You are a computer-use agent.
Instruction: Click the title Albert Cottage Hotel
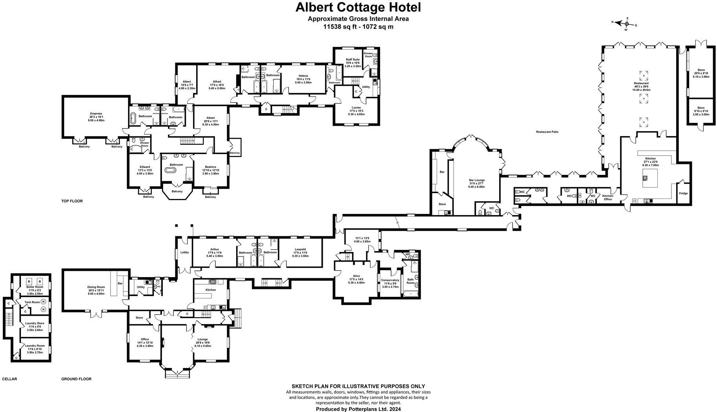pos(358,7)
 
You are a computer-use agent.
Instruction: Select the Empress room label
pos(96,114)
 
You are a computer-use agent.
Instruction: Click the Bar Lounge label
pos(476,180)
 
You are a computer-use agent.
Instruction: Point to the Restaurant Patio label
pos(547,132)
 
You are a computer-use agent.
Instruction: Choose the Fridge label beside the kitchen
pos(683,193)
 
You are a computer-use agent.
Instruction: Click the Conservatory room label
pos(390,280)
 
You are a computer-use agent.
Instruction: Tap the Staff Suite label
pos(353,59)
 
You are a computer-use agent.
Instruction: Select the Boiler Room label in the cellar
pos(35,287)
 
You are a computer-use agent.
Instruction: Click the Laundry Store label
pos(35,323)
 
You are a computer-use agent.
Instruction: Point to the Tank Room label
pos(32,302)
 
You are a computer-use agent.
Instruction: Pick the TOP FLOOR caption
pos(72,201)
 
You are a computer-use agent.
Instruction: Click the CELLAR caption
pos(9,379)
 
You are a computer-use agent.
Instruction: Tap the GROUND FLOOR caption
pos(76,379)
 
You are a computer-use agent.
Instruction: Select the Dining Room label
pos(96,287)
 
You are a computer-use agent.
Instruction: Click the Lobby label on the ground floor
pos(184,252)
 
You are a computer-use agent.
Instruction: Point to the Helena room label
pos(303,75)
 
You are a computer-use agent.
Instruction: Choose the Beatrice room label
pos(211,167)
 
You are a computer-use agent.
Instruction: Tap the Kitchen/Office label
pos(607,197)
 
